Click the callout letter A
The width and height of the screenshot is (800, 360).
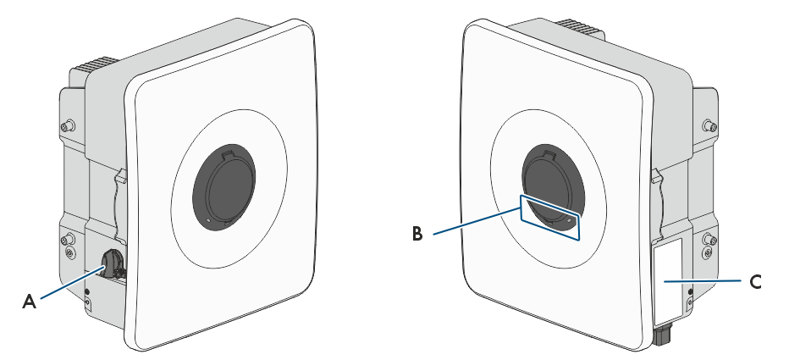pos(29,302)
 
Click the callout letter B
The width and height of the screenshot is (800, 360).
pos(417,234)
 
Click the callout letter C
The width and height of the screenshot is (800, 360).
pos(755,281)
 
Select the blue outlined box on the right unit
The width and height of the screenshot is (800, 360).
pos(550,217)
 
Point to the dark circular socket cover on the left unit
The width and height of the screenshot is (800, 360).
pos(224,187)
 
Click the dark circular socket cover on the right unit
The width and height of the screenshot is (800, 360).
pos(554,190)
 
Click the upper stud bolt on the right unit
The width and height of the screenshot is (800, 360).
pos(709,125)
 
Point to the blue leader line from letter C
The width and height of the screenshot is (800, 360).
pos(702,281)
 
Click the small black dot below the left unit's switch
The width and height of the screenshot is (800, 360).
pos(86,291)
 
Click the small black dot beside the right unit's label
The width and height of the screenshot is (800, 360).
pos(690,291)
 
